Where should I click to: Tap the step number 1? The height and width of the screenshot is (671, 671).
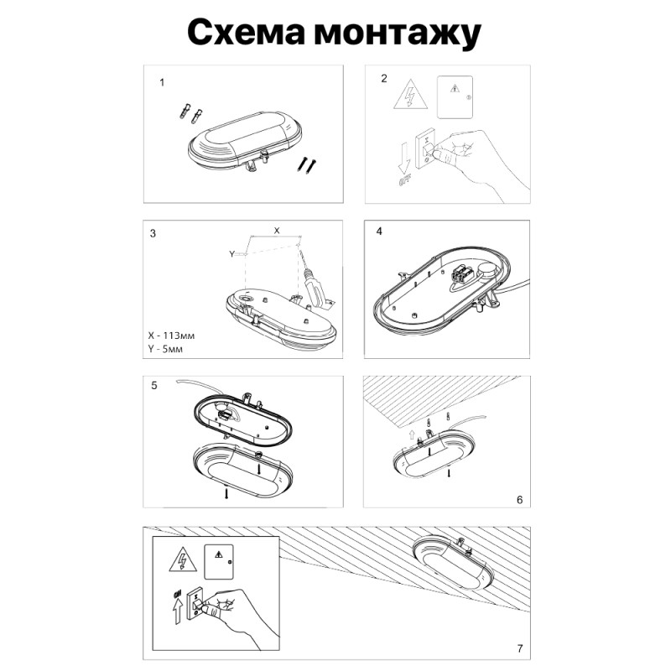(x=162, y=82)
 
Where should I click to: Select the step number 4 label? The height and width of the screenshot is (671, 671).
(x=380, y=231)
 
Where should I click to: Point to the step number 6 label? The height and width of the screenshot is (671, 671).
(x=519, y=500)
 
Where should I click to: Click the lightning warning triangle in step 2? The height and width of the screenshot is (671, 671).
(x=411, y=95)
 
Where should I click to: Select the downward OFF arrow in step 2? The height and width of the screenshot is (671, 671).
(x=405, y=159)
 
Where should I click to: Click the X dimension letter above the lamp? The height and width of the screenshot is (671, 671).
(x=278, y=229)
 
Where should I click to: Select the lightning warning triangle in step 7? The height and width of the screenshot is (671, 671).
(x=179, y=559)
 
